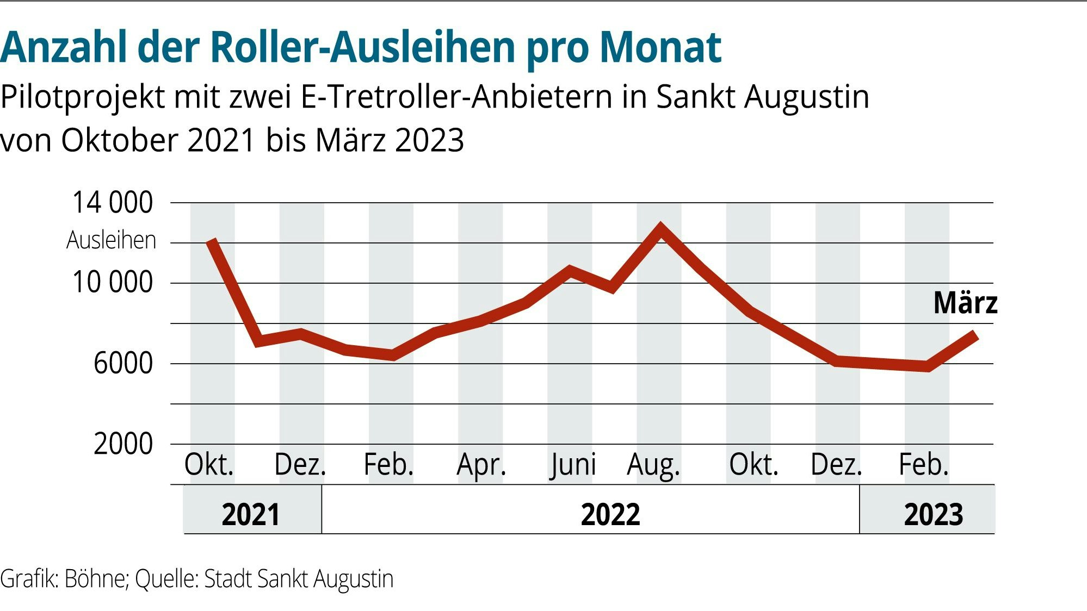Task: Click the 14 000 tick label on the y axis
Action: pyautogui.click(x=113, y=203)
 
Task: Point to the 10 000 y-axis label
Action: pyautogui.click(x=113, y=283)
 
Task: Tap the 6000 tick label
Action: pyautogui.click(x=123, y=363)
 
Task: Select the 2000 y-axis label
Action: pyautogui.click(x=123, y=444)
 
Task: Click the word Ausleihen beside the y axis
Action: pyautogui.click(x=111, y=240)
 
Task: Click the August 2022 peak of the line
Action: pyautogui.click(x=660, y=228)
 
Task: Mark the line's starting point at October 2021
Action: pyautogui.click(x=212, y=241)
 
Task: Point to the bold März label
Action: pyautogui.click(x=965, y=303)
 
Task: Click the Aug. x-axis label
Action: pyautogui.click(x=653, y=465)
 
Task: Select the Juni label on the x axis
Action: pyautogui.click(x=572, y=465)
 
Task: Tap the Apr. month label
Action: pyautogui.click(x=481, y=465)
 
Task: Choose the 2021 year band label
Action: pyautogui.click(x=251, y=514)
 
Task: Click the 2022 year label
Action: pyautogui.click(x=610, y=514)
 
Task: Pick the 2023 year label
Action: pyautogui.click(x=933, y=514)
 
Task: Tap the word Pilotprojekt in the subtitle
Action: pyautogui.click(x=83, y=98)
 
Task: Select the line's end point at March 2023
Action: pyautogui.click(x=975, y=334)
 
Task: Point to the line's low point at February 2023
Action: pyautogui.click(x=927, y=366)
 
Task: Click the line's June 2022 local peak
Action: pyautogui.click(x=570, y=270)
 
